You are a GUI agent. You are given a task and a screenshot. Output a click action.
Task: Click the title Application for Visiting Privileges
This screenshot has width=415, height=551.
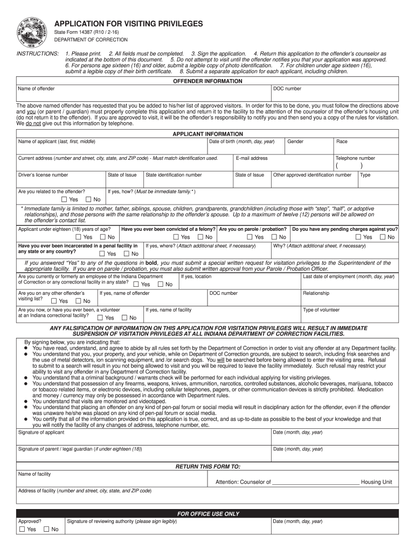point(128,24)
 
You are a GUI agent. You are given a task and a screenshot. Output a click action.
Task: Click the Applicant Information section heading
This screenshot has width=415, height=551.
point(207,134)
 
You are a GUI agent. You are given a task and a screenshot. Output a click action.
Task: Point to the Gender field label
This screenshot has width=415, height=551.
point(295,142)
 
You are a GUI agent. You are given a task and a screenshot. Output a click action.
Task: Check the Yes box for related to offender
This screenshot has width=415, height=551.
point(64,200)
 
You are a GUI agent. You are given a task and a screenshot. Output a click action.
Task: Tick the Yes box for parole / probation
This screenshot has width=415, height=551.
point(249,237)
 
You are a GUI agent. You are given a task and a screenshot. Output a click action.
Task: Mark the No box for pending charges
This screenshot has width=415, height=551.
point(382,237)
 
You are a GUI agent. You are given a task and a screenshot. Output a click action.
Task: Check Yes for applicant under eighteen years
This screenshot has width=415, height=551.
point(79,237)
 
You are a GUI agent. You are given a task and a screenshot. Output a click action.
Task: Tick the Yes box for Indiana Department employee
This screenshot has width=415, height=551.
point(136,284)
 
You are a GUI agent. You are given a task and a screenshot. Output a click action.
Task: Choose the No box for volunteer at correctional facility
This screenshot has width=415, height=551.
point(124,317)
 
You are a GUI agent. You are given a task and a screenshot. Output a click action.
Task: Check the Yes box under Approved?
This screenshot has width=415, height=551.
point(22,529)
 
